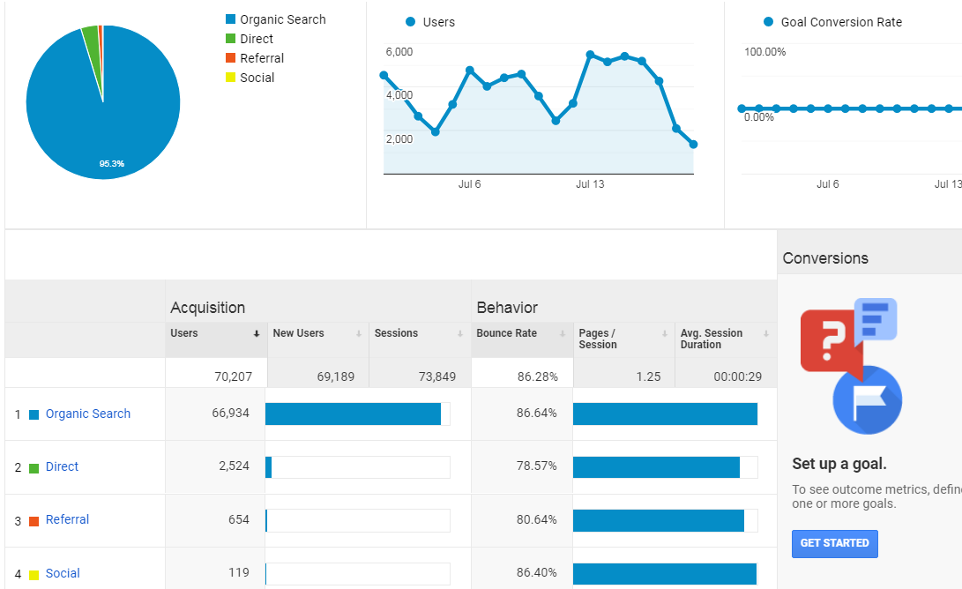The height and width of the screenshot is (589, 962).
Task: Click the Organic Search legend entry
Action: point(276,19)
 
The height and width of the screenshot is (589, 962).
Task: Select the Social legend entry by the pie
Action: point(250,78)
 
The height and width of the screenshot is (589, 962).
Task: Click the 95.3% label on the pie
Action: point(112,164)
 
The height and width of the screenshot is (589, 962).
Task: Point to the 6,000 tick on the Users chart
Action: point(399,51)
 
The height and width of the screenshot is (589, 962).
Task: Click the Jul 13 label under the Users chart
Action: point(590,184)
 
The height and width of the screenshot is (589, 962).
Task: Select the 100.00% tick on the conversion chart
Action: point(764,51)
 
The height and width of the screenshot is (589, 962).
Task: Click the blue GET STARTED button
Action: point(834,544)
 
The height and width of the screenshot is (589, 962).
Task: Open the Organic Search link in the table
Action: point(87,414)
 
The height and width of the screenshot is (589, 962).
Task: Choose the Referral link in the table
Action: point(67,519)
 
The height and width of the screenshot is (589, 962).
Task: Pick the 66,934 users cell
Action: point(231,413)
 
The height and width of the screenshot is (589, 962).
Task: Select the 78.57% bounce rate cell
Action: point(536,466)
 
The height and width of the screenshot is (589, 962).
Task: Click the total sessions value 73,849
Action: point(436,377)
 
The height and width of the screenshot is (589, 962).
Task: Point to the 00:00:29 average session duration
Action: point(737,377)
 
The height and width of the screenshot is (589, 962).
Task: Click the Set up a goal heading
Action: point(839,463)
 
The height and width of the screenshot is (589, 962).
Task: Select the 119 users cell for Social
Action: point(239,572)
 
